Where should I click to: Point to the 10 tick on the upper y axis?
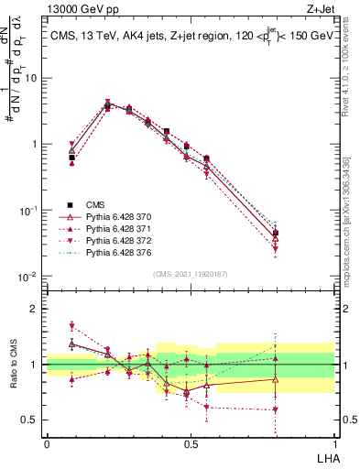[x=31, y=78]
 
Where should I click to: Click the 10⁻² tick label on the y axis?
[x=27, y=277]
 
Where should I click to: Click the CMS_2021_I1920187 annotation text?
[x=190, y=274]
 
